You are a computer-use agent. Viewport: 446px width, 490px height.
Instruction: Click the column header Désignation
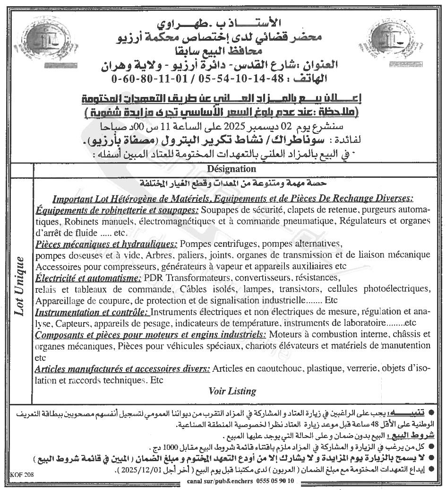click(x=232, y=169)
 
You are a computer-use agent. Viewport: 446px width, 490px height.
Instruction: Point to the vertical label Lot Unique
click(x=19, y=286)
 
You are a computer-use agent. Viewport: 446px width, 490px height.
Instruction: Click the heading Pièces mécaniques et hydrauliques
click(x=106, y=244)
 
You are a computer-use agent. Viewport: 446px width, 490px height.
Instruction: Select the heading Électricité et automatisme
click(x=89, y=277)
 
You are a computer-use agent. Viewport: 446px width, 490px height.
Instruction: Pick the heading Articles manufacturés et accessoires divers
click(x=123, y=368)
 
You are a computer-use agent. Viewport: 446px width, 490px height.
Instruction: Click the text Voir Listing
click(x=232, y=391)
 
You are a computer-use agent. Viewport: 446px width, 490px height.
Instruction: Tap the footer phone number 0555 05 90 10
click(x=274, y=481)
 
